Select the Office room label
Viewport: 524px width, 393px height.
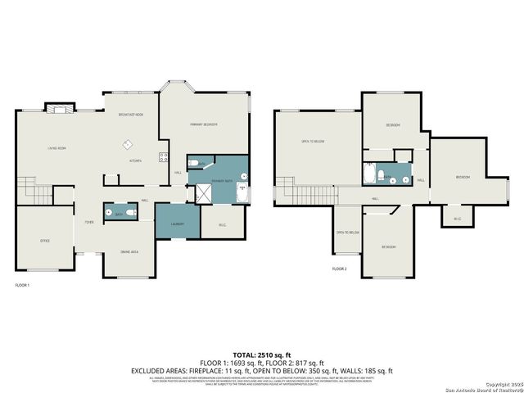pyautogui.click(x=46, y=241)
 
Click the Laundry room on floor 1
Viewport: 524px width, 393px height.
pyautogui.click(x=178, y=224)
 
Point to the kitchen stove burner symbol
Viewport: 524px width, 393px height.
pyautogui.click(x=164, y=157)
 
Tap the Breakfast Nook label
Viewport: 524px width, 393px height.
pyautogui.click(x=131, y=115)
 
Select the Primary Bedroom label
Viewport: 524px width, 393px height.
pyautogui.click(x=203, y=124)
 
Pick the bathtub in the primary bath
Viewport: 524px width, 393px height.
pyautogui.click(x=241, y=193)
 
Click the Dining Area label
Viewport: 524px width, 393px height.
pyautogui.click(x=129, y=251)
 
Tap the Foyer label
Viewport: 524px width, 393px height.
pyautogui.click(x=88, y=222)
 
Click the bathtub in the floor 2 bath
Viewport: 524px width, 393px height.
pyautogui.click(x=370, y=174)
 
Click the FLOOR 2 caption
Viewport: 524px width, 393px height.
pyautogui.click(x=340, y=269)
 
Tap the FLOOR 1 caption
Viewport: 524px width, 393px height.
pyautogui.click(x=22, y=284)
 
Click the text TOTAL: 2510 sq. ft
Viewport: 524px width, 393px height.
pyautogui.click(x=262, y=353)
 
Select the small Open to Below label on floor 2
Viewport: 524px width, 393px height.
pyautogui.click(x=347, y=233)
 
